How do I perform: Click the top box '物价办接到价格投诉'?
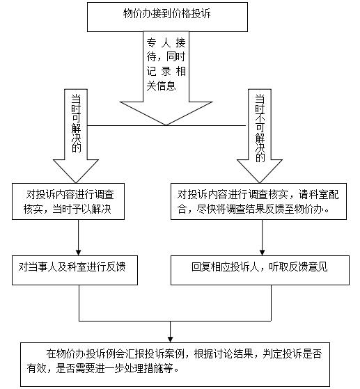167,17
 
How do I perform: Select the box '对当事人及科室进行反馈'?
75,270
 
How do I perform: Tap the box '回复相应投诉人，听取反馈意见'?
260,270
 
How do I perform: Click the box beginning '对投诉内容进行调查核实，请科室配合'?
258,201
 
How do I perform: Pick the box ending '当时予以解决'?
68,201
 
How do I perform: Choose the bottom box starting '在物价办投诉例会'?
175,365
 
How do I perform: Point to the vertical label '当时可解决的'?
76,124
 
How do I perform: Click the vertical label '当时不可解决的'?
260,129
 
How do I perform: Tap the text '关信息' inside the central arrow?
161,86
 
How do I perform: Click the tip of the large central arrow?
166,125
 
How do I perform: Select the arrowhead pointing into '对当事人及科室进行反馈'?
79,253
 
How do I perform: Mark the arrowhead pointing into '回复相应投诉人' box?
262,253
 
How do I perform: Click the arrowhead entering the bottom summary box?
170,340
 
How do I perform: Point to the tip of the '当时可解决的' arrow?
76,183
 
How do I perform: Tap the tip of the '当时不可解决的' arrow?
260,183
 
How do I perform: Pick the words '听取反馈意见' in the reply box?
298,267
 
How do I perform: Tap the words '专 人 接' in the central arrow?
166,42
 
